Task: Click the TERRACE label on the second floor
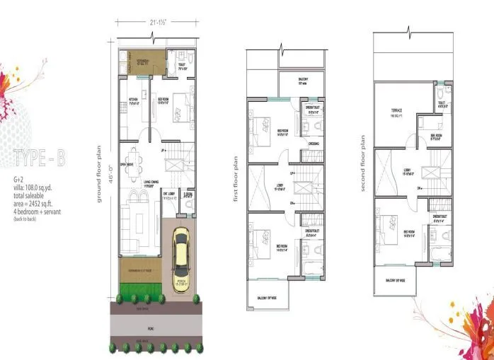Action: coord(396,110)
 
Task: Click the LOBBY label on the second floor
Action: coord(410,171)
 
